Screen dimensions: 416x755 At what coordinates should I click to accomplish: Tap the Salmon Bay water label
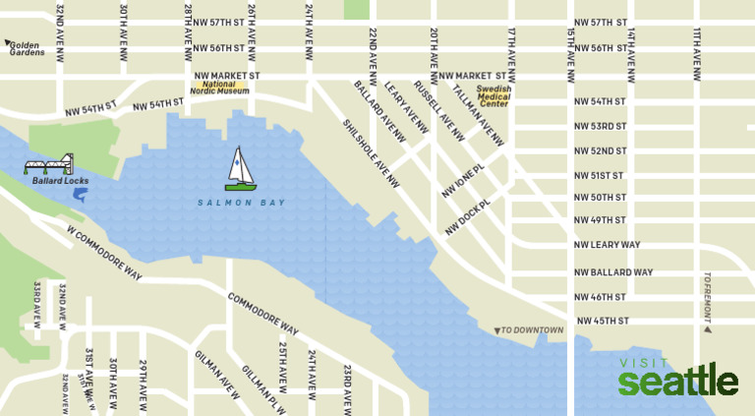coord(241,203)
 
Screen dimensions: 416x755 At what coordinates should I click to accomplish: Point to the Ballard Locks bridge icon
coord(48,164)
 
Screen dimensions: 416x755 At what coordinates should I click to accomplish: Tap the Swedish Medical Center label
coord(493,96)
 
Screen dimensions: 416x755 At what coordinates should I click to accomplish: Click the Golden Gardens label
coord(27,48)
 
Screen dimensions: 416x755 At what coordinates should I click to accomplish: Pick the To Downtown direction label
coord(530,329)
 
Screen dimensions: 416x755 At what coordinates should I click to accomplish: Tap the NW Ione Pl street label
coord(464,181)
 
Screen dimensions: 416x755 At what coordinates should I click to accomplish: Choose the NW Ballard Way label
coord(614,272)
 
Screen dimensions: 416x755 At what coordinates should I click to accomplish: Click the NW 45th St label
coord(602,321)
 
